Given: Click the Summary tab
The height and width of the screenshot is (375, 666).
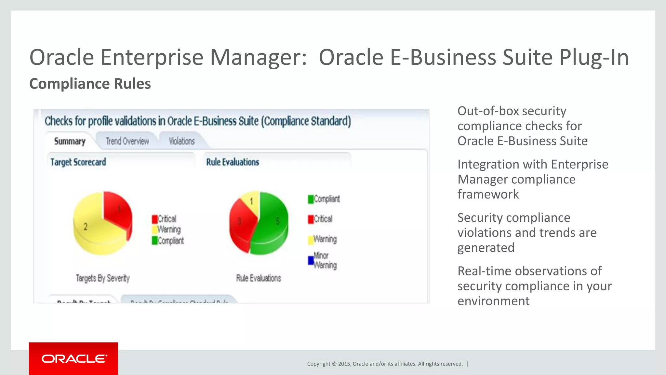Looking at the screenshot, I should [70, 141].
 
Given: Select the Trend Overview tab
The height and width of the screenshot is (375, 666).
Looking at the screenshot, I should [127, 141].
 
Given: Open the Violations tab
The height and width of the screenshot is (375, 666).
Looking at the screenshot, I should [181, 141].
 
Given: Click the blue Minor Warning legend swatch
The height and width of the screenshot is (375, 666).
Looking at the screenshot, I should [311, 260].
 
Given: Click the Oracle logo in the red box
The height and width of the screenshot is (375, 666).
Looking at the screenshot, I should [74, 359].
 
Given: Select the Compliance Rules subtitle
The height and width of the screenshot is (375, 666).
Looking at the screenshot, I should [90, 84].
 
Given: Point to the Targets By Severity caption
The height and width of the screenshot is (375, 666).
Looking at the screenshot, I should [103, 278].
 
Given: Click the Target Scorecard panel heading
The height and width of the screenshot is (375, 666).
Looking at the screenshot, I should [78, 162].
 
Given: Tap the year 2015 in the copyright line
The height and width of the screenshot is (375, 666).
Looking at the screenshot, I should [344, 364].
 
